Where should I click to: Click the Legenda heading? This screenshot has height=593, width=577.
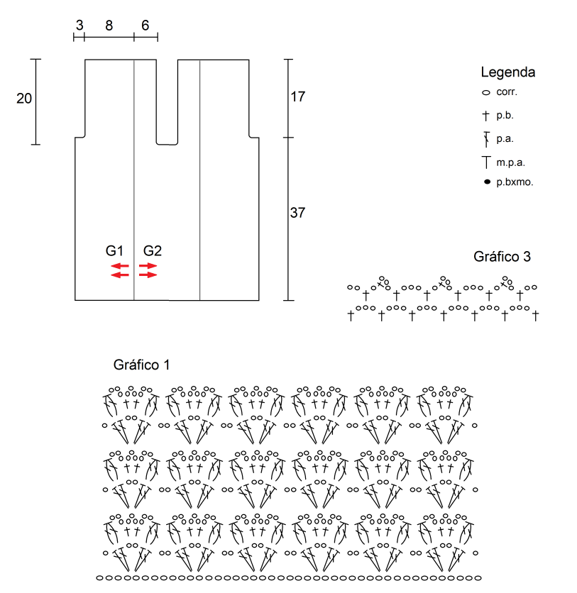(x=507, y=72)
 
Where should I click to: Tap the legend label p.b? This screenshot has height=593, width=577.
(x=505, y=114)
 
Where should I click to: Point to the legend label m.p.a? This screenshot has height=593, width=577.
(x=510, y=162)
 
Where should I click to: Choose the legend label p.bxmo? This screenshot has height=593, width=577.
(x=515, y=182)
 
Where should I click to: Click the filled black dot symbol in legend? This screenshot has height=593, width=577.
(x=487, y=182)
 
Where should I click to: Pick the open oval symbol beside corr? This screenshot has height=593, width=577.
(x=486, y=93)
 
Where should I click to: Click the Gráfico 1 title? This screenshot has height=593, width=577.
(x=142, y=365)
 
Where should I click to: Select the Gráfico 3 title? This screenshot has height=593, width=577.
(x=502, y=257)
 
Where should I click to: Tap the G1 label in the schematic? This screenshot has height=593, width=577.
(x=115, y=250)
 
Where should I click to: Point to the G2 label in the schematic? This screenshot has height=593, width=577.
(x=153, y=250)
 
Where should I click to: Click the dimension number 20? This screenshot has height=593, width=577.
(x=24, y=99)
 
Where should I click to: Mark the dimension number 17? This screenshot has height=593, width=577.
(x=298, y=96)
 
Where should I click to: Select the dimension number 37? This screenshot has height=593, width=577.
(x=298, y=212)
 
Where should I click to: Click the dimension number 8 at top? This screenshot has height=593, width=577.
(x=109, y=26)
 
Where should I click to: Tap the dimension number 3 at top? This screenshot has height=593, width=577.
(x=79, y=26)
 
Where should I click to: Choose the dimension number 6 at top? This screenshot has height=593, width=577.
(x=145, y=26)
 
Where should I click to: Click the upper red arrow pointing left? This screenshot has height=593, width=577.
(x=120, y=266)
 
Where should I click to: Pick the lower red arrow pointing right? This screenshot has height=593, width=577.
(x=148, y=275)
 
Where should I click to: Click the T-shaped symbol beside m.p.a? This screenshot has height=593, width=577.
(x=486, y=162)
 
